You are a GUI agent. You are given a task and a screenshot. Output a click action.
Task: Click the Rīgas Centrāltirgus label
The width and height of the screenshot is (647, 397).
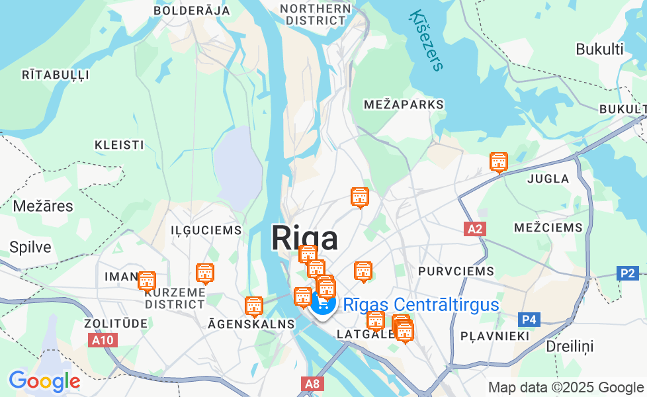(x=421, y=305)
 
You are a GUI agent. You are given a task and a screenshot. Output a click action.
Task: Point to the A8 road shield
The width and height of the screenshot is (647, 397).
(x=312, y=383)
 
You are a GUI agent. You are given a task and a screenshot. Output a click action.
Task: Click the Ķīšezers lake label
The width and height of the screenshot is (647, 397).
(x=427, y=40)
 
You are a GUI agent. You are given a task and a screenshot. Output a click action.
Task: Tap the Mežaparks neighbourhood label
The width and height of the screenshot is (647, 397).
(x=404, y=105)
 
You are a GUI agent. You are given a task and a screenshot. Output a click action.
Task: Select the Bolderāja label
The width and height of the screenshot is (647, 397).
(x=192, y=11)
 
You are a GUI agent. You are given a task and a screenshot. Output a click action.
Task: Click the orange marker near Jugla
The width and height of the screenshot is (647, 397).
(x=498, y=161)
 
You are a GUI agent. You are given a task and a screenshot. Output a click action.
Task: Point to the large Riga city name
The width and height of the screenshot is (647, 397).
(x=304, y=238)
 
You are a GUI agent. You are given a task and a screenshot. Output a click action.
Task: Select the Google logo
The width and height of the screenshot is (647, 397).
(x=44, y=381)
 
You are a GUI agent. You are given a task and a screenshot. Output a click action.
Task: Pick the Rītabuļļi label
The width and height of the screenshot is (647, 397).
(x=56, y=75)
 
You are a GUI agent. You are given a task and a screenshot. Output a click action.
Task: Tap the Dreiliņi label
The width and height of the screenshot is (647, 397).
(x=570, y=346)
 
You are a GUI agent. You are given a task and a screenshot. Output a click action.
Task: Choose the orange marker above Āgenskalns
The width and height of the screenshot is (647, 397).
(x=254, y=306)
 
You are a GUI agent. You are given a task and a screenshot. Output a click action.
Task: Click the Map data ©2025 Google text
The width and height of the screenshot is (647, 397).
(x=566, y=387)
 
